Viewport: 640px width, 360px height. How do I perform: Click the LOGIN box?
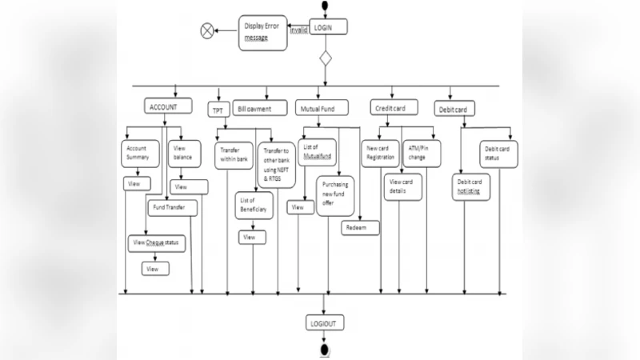(324, 27)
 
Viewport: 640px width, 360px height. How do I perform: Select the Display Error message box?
(262, 33)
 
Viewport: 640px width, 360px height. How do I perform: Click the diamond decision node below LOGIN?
(324, 59)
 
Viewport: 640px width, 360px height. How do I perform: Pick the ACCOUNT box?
(169, 106)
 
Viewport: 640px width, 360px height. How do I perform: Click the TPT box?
(218, 110)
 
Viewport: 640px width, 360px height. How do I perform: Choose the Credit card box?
(393, 107)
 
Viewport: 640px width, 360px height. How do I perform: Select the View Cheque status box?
(157, 242)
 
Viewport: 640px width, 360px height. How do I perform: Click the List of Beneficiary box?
(254, 204)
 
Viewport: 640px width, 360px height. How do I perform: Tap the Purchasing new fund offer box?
(336, 195)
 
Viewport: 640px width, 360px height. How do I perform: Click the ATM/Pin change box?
(420, 153)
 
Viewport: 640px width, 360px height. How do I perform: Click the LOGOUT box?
(324, 323)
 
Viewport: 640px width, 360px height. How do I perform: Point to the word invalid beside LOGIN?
(298, 29)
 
